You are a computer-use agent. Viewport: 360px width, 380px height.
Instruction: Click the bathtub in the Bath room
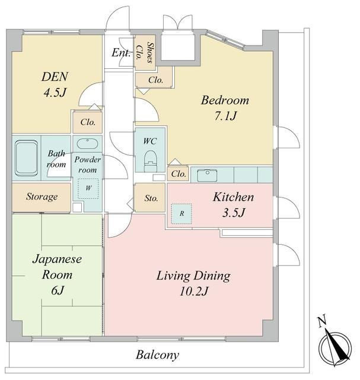26,159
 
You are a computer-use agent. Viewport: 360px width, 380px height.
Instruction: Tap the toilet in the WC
150,161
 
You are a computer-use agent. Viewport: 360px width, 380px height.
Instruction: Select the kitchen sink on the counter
207,175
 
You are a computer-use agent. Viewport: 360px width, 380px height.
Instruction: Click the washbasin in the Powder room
87,144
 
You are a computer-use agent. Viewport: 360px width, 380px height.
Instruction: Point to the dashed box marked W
88,189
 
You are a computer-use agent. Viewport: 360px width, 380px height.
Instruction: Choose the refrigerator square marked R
181,214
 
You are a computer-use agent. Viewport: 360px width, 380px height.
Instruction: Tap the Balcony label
157,355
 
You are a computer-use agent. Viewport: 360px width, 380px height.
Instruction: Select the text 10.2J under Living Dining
194,291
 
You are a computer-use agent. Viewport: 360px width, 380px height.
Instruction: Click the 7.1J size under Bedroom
225,116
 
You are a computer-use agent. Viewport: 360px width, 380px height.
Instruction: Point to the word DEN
55,77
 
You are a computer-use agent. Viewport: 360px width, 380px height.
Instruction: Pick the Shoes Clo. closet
145,53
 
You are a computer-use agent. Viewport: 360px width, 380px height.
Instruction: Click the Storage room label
42,197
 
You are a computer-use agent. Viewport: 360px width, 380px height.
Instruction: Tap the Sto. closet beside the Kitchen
150,198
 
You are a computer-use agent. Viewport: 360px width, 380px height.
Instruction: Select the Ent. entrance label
121,53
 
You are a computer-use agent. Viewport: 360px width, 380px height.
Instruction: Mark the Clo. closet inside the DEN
88,122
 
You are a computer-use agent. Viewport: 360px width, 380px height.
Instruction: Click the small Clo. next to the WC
178,173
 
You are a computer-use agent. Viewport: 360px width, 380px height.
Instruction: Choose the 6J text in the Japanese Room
58,290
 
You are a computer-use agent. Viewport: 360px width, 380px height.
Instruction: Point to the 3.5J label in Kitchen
234,213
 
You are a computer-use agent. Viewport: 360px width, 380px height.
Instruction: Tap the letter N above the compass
322,322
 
